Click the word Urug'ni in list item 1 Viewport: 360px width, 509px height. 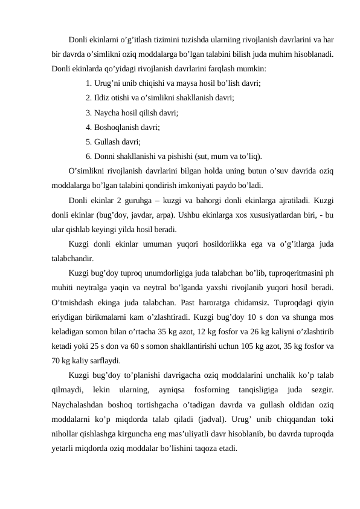[x=107, y=85]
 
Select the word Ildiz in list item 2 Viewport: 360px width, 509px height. [x=103, y=99]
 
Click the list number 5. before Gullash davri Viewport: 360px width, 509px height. [x=89, y=142]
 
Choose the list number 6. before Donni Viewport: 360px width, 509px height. [x=89, y=156]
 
